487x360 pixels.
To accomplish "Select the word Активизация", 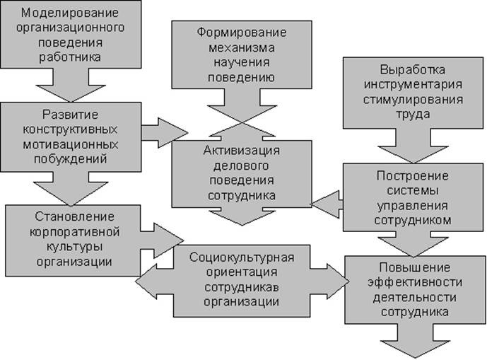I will point(242,151).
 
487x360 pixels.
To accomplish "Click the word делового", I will point(242,166).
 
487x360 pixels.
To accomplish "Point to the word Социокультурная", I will point(241,255).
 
